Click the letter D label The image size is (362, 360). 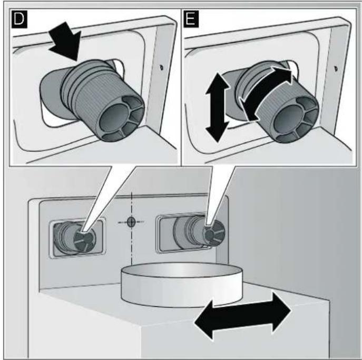pos(19,19)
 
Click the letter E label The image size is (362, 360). pos(191,18)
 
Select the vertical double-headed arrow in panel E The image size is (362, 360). pos(217,107)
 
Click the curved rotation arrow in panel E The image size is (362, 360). pos(266,92)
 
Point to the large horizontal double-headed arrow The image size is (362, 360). pos(242,315)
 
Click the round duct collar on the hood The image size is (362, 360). pos(182,284)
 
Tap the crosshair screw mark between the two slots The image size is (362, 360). pos(131,222)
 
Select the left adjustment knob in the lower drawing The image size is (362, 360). pos(74,238)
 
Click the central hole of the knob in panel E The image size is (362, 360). pos(289,118)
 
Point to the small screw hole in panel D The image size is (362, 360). pos(162,67)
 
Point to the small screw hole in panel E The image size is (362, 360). pos(336,68)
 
